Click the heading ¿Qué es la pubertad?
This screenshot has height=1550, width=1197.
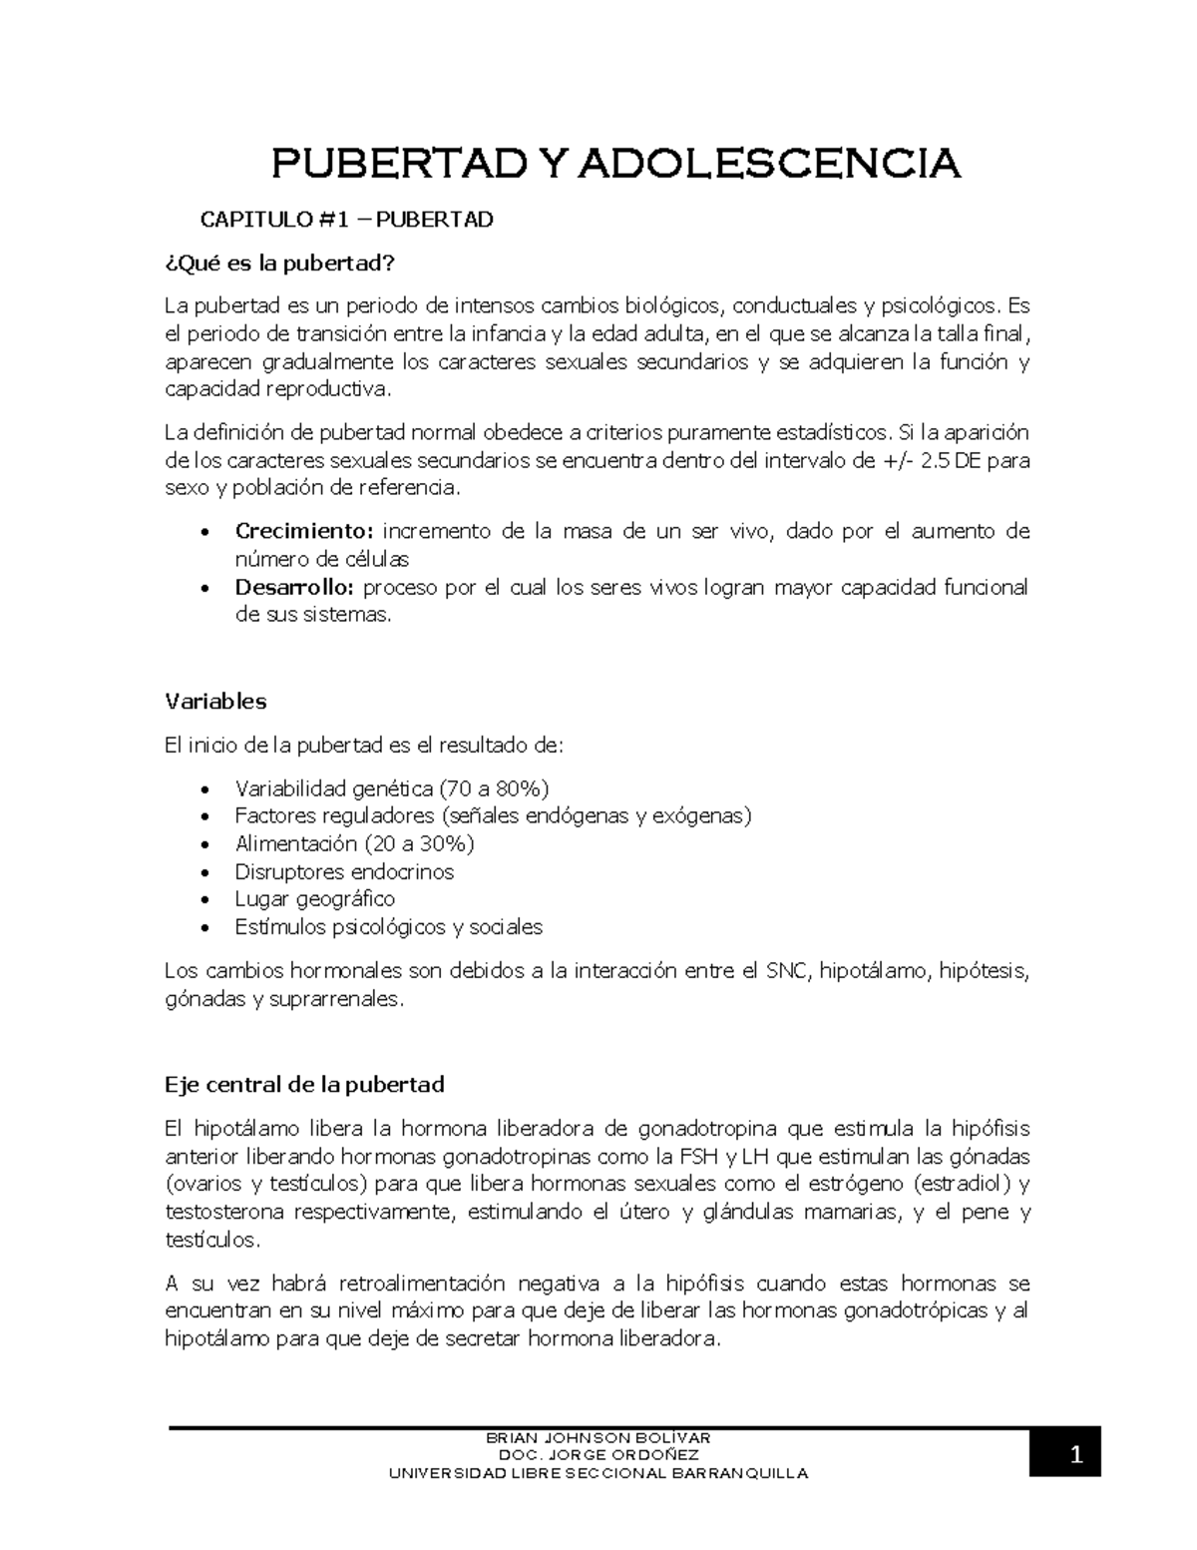279,264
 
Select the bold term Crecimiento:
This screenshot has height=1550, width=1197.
303,531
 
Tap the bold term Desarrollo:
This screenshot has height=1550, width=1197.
296,587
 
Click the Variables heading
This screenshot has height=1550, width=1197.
215,701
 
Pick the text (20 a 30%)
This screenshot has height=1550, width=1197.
420,843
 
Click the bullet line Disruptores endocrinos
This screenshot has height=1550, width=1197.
344,871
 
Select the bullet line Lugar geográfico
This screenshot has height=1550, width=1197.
315,899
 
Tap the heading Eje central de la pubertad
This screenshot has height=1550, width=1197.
304,1084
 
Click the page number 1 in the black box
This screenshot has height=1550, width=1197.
1075,1457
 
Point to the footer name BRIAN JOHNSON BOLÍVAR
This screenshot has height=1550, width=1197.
598,1438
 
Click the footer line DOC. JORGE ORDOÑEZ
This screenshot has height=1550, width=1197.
598,1455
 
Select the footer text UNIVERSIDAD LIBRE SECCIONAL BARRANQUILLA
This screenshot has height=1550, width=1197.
598,1473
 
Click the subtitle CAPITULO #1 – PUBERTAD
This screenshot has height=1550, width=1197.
347,219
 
